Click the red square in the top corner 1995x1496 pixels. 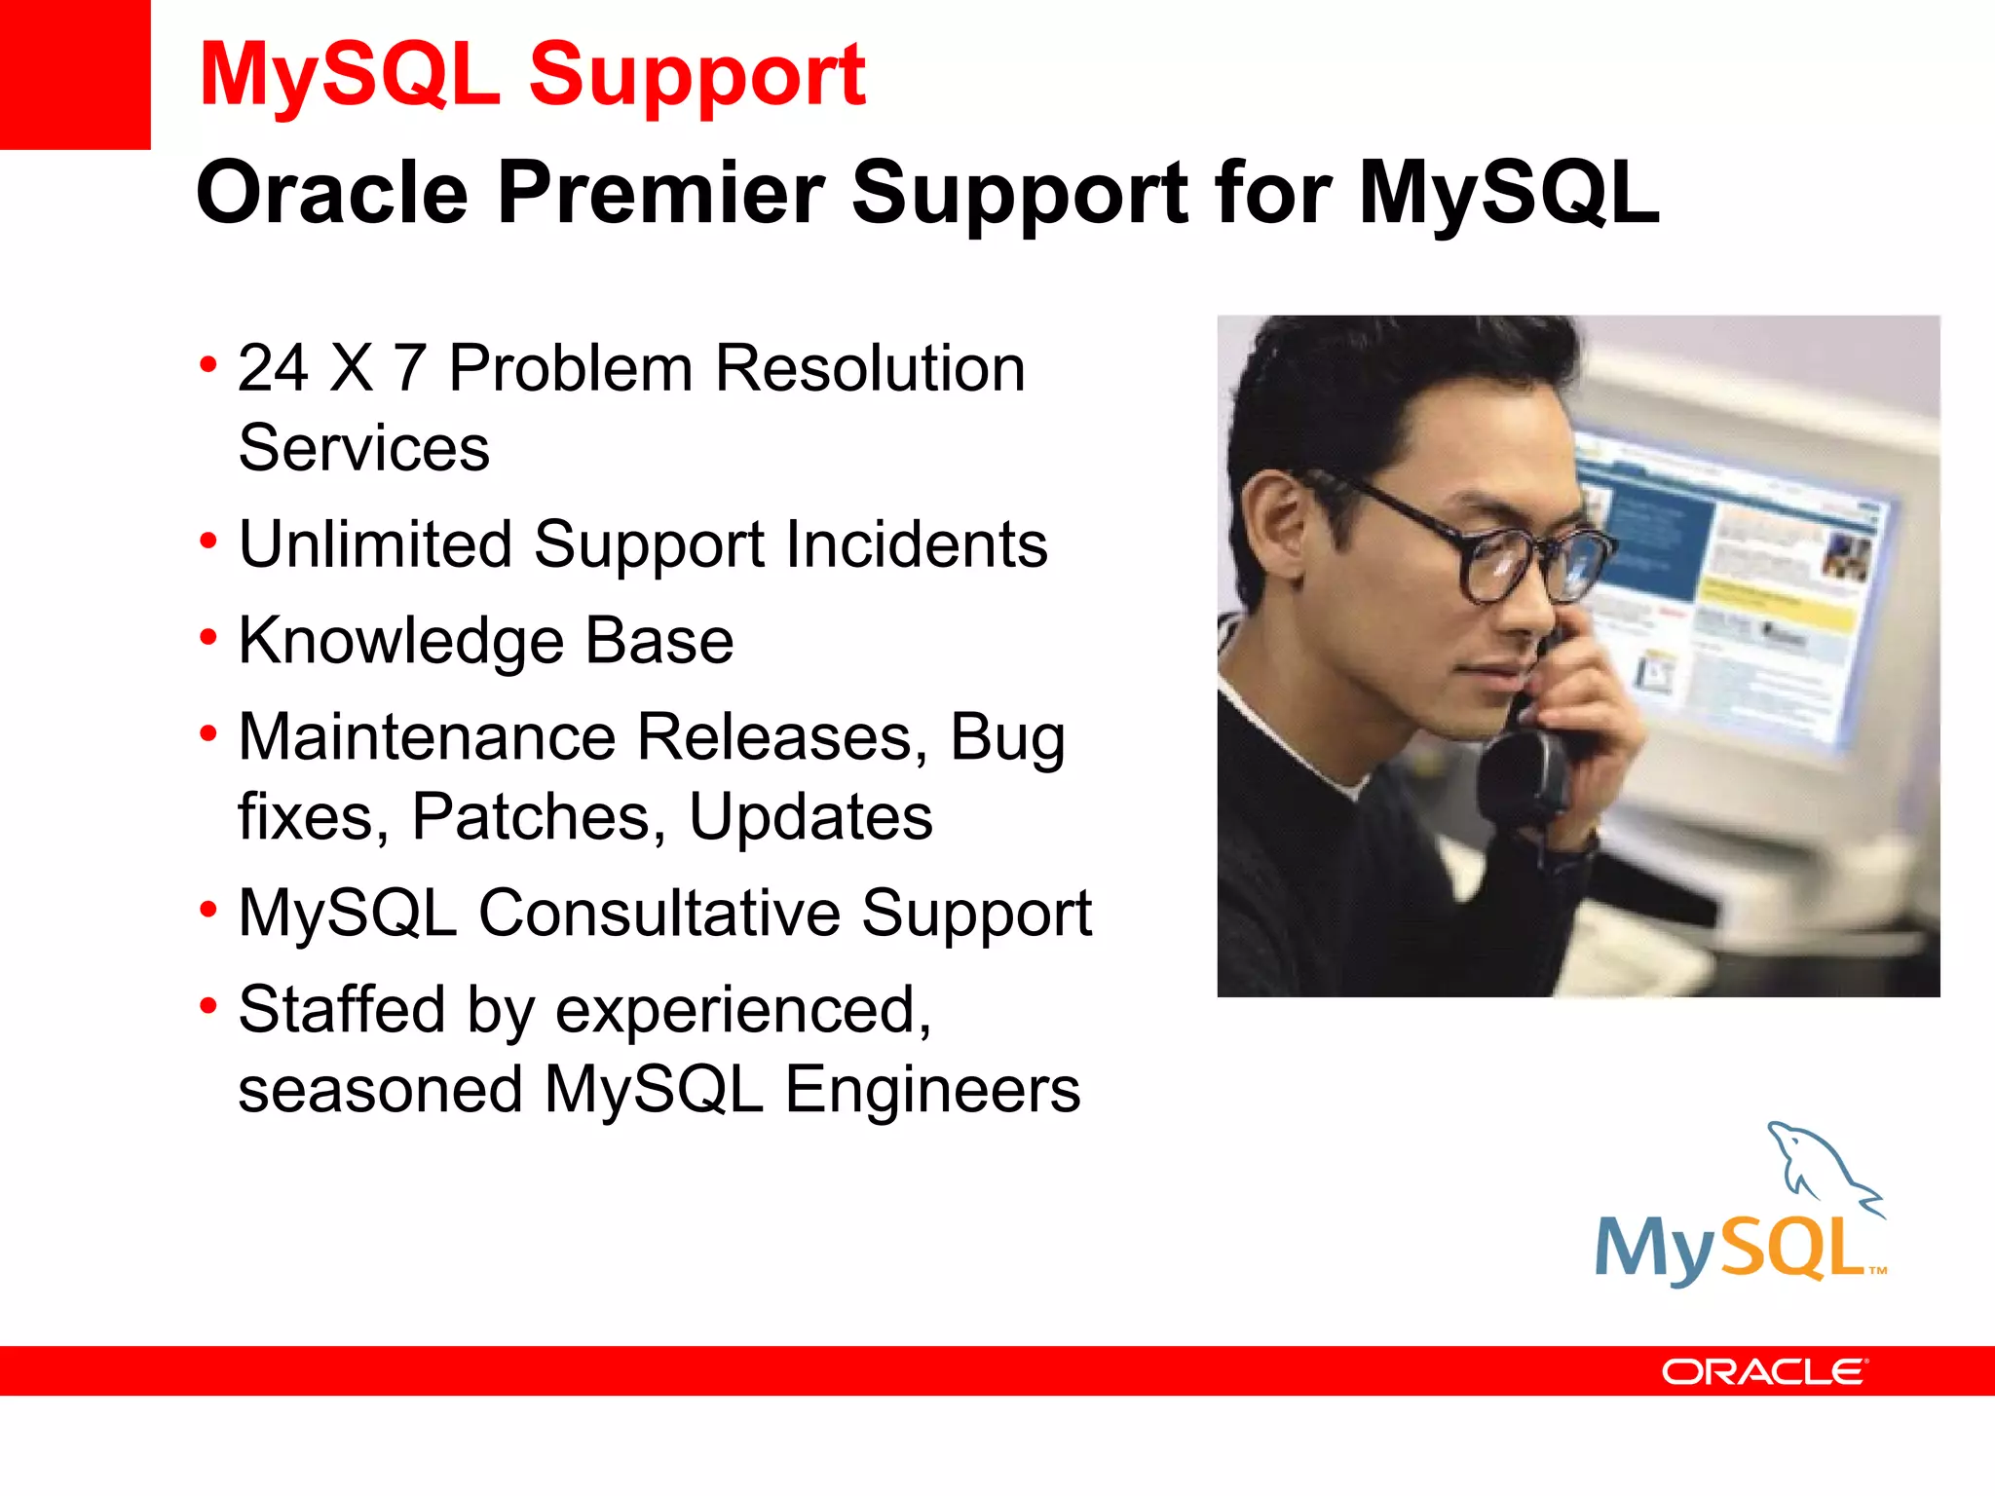pos(74,74)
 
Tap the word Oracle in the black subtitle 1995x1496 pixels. pos(332,192)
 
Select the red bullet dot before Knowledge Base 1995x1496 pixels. pos(207,638)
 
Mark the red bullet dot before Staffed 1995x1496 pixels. pos(207,1006)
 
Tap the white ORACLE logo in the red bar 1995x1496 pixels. pos(1763,1371)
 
